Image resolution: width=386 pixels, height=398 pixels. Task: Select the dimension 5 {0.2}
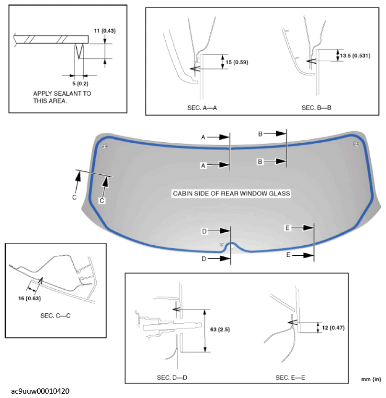(73, 83)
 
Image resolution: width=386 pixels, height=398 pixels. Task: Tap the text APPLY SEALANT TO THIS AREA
(62, 97)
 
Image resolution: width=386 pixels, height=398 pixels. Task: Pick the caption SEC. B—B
(317, 108)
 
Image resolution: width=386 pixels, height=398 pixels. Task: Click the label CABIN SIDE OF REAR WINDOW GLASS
(231, 193)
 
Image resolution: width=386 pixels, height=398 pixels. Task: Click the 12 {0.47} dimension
(335, 328)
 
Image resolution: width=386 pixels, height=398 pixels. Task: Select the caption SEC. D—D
(172, 378)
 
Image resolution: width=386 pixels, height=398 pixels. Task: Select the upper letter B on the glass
(260, 135)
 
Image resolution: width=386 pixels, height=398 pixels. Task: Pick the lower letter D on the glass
(204, 258)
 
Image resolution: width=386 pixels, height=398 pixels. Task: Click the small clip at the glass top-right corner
(356, 144)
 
